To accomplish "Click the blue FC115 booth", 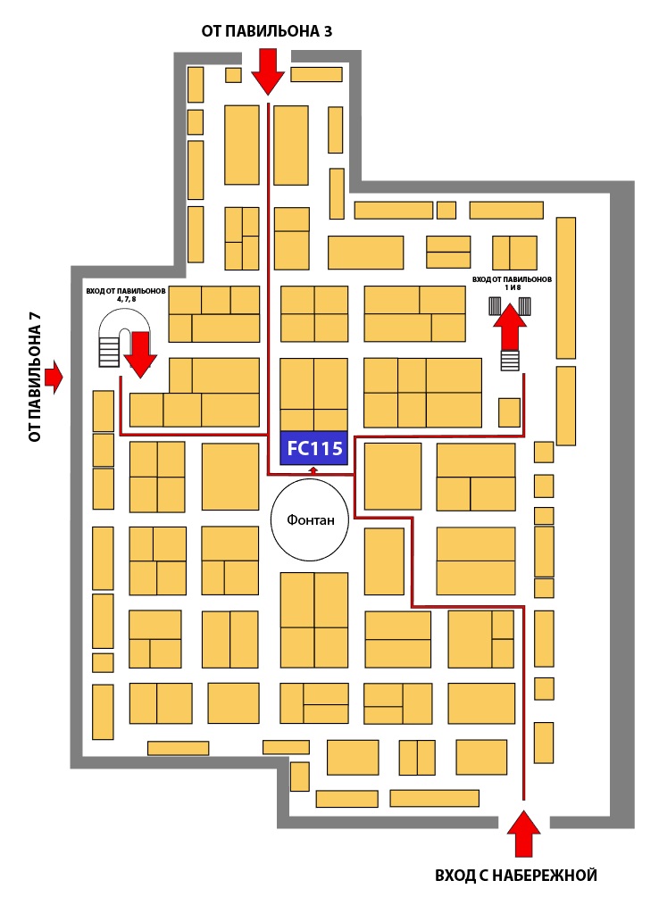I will coord(313,448).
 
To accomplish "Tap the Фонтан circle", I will coord(311,520).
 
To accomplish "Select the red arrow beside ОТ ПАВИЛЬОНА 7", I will coord(55,377).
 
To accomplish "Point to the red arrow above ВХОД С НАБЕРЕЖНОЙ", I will coord(523,834).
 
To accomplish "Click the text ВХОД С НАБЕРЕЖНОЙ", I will coord(516,876).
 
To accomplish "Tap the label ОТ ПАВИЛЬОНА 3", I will coord(268,32).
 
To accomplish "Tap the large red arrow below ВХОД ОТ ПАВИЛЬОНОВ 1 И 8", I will coord(510,326).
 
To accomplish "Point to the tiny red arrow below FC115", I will coord(313,469).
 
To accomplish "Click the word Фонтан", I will coord(311,520).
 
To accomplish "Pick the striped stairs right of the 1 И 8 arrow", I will coord(526,306).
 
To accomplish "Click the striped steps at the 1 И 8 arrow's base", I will coord(510,361).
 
